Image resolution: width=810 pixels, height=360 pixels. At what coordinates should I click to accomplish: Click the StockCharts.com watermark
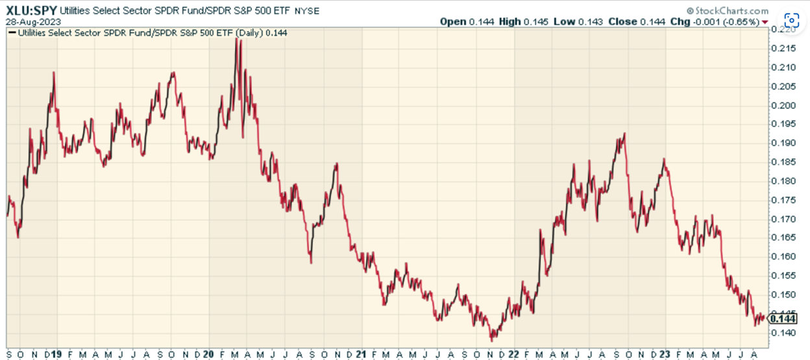coord(731,11)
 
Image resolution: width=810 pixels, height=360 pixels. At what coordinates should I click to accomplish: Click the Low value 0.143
coord(595,21)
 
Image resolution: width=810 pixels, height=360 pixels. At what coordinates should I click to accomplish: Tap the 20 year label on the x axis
coord(208,354)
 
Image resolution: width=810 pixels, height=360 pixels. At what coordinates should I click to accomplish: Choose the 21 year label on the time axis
coord(361,354)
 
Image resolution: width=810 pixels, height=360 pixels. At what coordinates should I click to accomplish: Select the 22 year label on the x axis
coord(513,354)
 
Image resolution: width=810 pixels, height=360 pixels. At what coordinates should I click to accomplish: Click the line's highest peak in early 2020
coord(238,40)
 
